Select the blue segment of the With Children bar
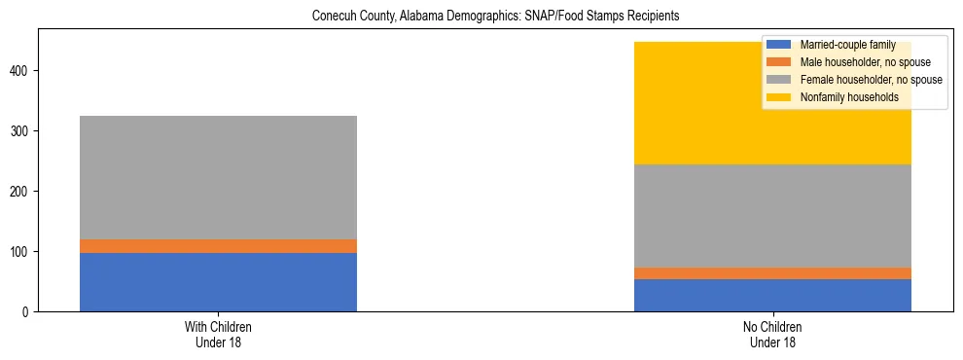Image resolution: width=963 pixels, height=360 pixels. click(218, 282)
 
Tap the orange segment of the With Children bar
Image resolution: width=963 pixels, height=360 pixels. click(218, 246)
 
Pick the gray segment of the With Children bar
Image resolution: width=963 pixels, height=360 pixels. click(218, 177)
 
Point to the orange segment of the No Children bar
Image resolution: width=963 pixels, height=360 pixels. click(772, 273)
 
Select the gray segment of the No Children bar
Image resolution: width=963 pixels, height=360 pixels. click(772, 216)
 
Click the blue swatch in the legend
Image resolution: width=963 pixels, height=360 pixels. click(779, 45)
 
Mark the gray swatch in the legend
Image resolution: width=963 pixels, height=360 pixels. click(779, 80)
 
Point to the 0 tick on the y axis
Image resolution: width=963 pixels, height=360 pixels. click(27, 312)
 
